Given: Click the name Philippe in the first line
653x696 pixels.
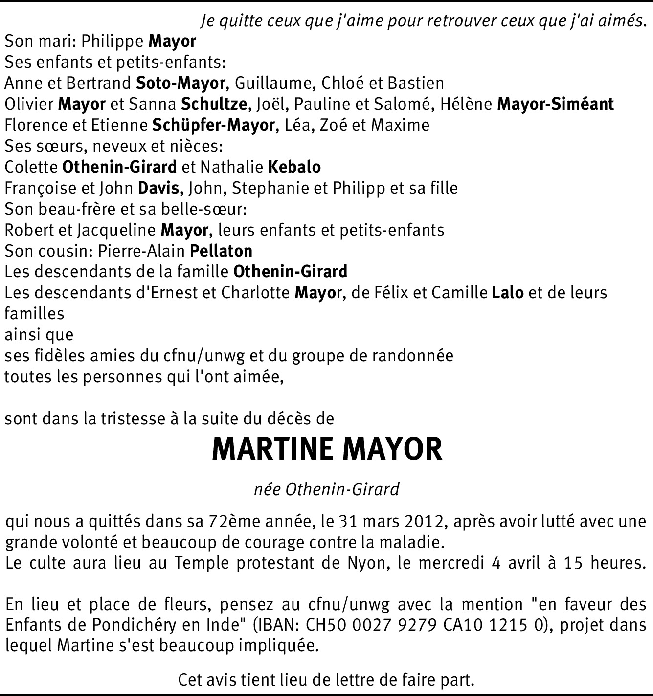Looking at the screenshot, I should (x=113, y=41).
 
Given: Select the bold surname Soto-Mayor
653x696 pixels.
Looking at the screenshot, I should (x=180, y=83).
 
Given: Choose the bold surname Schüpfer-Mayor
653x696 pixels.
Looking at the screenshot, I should (x=213, y=125).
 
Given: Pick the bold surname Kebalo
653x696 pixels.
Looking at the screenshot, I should (x=294, y=167).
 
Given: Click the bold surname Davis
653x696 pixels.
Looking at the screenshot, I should (x=158, y=188).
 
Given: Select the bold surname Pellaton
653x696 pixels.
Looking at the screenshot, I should (x=221, y=251).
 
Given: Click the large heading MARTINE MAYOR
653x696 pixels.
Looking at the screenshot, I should (x=327, y=450).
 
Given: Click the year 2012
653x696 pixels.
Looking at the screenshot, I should (x=424, y=522).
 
